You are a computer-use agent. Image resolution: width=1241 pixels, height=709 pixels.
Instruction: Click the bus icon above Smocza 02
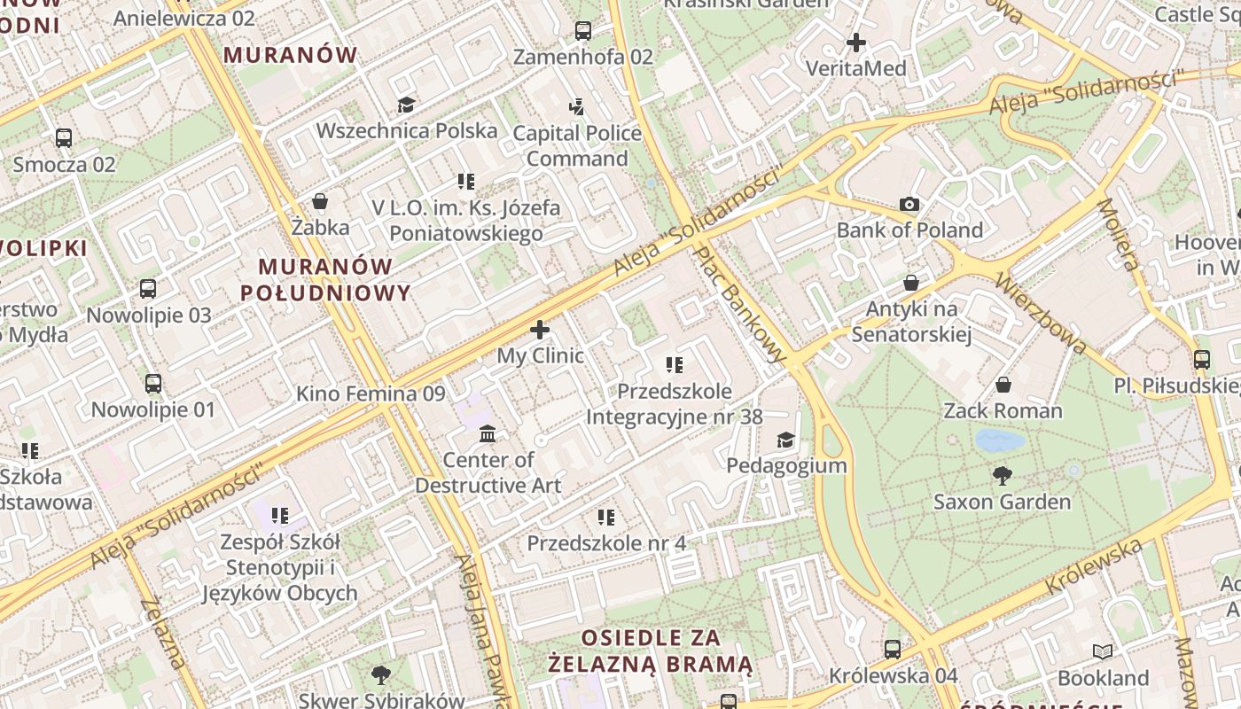64,138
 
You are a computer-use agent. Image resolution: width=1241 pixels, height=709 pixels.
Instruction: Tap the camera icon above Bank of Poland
909,205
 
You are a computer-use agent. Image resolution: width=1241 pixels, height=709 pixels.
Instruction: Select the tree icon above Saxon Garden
1003,476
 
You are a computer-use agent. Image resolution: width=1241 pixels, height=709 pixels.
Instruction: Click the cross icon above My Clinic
540,331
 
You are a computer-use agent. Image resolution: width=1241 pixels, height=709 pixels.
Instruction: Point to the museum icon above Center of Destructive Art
488,434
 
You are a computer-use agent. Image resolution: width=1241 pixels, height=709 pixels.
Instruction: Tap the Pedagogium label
786,465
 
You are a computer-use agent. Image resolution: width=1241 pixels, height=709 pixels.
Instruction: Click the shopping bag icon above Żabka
320,202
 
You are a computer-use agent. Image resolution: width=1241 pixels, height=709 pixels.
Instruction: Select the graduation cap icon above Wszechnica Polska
406,105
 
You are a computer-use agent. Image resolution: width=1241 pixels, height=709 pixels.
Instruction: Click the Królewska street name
1094,567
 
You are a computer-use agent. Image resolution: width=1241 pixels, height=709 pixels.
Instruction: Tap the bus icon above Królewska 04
893,650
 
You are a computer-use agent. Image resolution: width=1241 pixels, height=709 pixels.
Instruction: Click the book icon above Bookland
1103,652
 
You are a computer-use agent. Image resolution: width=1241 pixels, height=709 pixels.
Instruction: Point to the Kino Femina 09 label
371,393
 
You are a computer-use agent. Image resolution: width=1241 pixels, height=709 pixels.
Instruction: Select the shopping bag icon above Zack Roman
1003,385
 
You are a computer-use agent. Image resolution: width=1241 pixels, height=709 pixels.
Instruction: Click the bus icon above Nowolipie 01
153,384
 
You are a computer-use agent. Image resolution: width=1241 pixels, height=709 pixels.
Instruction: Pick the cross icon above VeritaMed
856,43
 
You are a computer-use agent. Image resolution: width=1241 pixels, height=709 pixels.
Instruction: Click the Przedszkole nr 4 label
606,542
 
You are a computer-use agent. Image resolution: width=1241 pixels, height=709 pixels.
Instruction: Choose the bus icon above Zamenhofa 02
583,31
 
